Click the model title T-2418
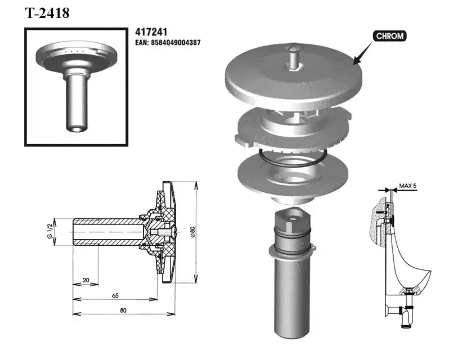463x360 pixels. [x=47, y=13]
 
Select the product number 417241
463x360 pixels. [x=151, y=32]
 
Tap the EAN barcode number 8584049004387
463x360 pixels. [x=176, y=43]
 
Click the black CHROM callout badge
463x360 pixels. [x=389, y=36]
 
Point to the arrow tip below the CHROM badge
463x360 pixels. [x=354, y=64]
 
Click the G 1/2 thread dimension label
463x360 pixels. [x=50, y=231]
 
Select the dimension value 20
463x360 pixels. [x=86, y=280]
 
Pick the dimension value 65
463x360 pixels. [x=115, y=295]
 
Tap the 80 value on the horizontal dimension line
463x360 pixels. [x=123, y=310]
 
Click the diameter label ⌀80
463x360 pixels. [x=193, y=232]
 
